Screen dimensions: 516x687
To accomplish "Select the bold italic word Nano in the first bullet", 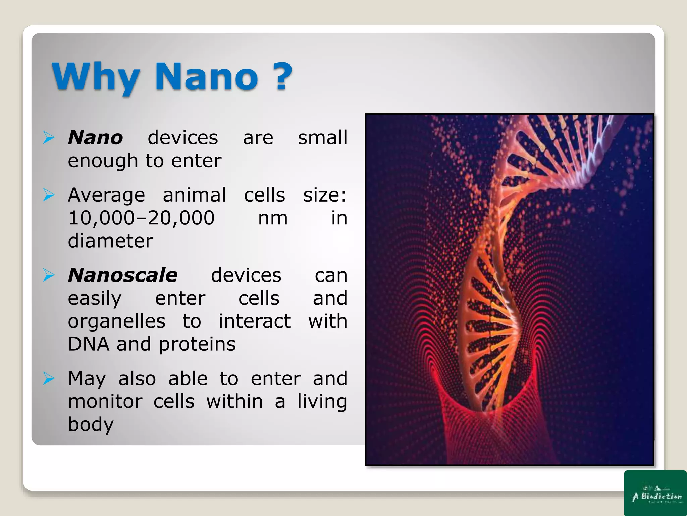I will pyautogui.click(x=95, y=138).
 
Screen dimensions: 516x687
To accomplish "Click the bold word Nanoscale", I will pyautogui.click(x=123, y=275).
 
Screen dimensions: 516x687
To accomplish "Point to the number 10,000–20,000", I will pyautogui.click(x=141, y=218).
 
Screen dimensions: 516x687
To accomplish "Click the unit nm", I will pyautogui.click(x=273, y=218).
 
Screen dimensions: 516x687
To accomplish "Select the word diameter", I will pyautogui.click(x=110, y=241).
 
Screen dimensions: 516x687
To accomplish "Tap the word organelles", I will pyautogui.click(x=116, y=321).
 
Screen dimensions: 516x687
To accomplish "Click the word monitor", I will pyautogui.click(x=105, y=401).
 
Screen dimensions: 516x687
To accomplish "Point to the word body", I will pyautogui.click(x=91, y=425).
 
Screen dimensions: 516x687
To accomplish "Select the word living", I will pyautogui.click(x=322, y=402).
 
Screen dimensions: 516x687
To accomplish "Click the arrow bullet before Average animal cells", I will pyautogui.click(x=49, y=195).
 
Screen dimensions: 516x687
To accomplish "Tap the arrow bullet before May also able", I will pyautogui.click(x=49, y=379).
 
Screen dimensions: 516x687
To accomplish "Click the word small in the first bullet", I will pyautogui.click(x=322, y=138).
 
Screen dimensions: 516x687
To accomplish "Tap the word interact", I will pyautogui.click(x=255, y=321).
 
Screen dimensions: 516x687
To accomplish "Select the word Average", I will pyautogui.click(x=106, y=195).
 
